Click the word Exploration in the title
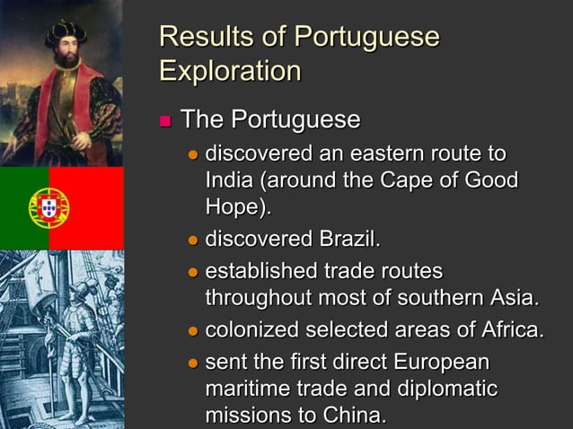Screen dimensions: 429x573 229,70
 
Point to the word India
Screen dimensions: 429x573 229,179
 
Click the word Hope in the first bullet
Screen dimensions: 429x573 234,208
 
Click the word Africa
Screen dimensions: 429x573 512,331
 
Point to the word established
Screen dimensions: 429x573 261,272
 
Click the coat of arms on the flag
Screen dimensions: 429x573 48,208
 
